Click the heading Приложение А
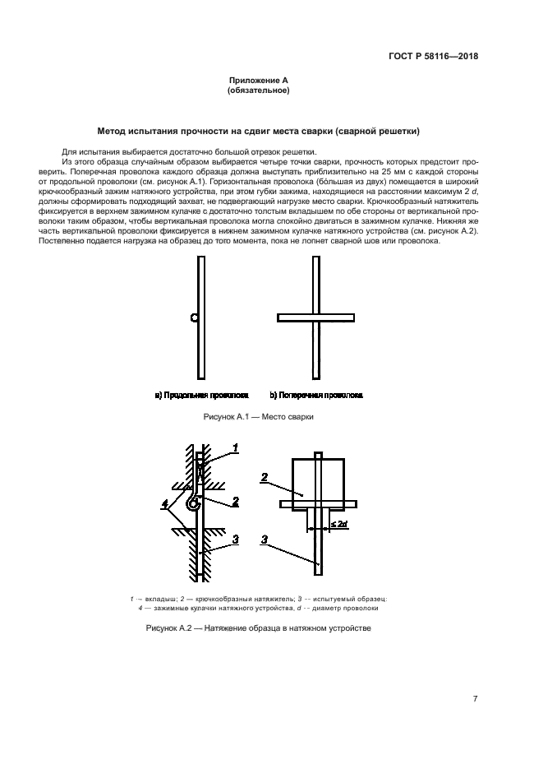(x=258, y=80)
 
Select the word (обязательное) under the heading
(x=258, y=90)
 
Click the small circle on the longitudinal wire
(x=194, y=317)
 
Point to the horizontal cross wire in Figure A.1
(x=315, y=316)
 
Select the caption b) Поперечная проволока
(x=316, y=395)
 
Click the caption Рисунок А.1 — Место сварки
(x=258, y=417)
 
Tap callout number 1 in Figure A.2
(x=235, y=447)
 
